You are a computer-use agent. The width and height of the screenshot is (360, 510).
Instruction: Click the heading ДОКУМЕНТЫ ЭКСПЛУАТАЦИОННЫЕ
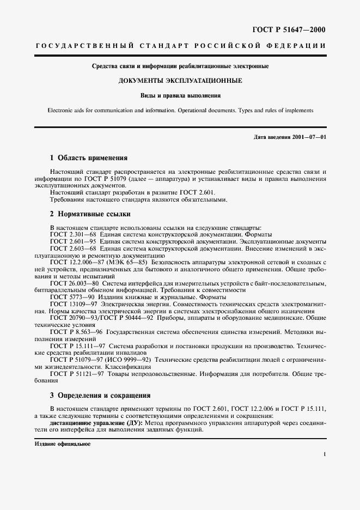180,81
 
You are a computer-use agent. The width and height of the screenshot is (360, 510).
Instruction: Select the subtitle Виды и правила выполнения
180,95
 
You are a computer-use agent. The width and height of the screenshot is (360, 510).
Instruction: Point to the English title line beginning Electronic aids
180,110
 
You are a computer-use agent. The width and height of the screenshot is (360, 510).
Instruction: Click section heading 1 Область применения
89,158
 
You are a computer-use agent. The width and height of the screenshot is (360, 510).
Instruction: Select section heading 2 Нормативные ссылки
90,214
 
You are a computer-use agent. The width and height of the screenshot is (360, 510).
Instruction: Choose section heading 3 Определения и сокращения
100,395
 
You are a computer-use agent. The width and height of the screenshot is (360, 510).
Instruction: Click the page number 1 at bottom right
324,453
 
